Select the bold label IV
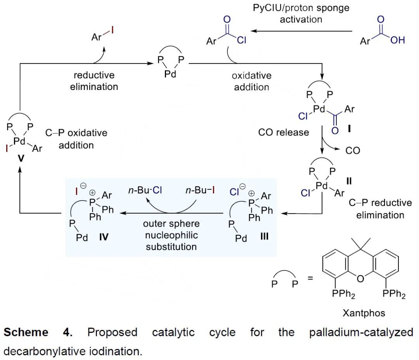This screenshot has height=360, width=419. coord(104,237)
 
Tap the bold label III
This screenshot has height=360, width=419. coord(264,237)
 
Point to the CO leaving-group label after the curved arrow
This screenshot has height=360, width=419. coord(353,150)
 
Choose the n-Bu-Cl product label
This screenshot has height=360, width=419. coord(146,191)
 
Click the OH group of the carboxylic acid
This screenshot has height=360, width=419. coord(398,40)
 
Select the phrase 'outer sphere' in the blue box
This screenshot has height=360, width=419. coord(171,224)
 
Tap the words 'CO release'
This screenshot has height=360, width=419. coord(284,133)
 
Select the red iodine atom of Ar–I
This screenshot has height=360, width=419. coord(113,29)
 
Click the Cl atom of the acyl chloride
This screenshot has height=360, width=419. coord(241,40)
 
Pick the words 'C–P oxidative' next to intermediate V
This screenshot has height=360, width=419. coord(76,133)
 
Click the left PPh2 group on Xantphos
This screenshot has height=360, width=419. coord(343,295)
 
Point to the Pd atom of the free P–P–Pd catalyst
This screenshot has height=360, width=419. coord(170,73)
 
